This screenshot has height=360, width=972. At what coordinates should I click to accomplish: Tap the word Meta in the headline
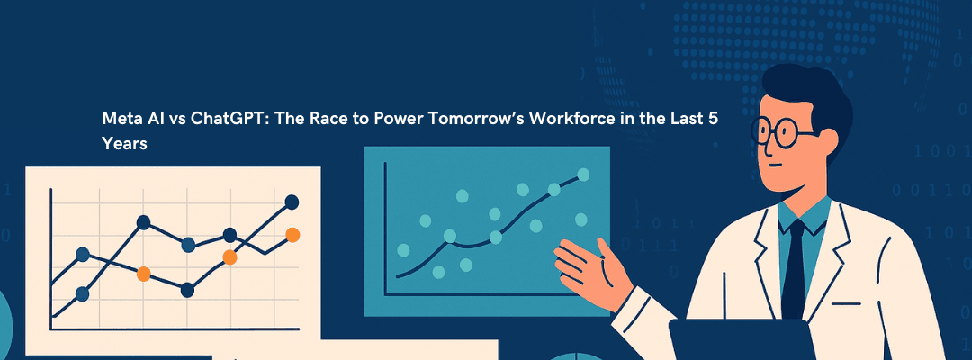pos(120,121)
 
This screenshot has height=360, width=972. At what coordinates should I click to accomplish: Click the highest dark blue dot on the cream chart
pos(292,202)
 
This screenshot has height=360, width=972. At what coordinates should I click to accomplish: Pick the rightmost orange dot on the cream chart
pos(292,235)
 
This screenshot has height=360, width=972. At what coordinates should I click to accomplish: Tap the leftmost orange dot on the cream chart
pos(144,274)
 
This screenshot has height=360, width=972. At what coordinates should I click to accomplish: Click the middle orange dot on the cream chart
pos(229,257)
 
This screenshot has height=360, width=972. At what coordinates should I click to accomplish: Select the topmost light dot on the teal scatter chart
pos(583,174)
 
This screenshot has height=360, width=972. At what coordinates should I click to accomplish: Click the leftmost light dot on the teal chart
pos(403,249)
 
